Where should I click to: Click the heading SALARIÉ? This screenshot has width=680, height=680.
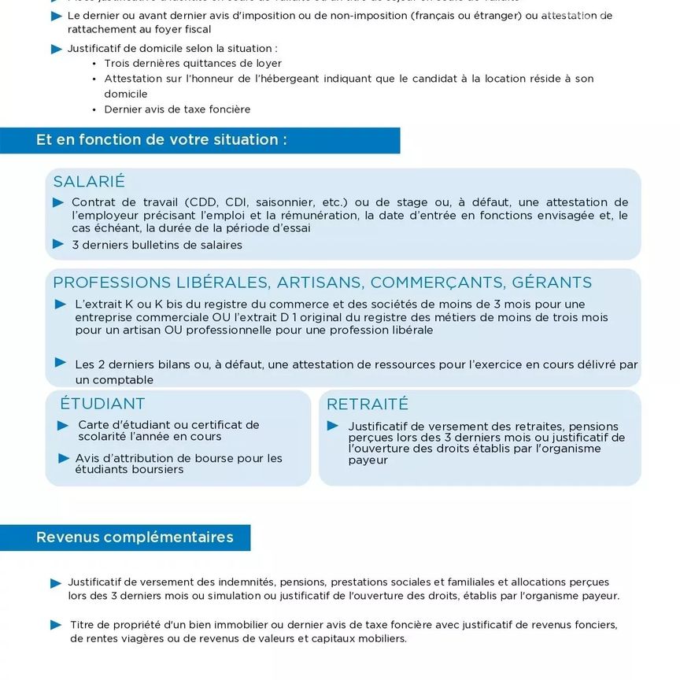point(89,182)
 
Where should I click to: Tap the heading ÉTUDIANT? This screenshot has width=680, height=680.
point(102,404)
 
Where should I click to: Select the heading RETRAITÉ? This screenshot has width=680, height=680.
point(368,405)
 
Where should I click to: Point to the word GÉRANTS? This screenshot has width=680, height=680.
point(552,283)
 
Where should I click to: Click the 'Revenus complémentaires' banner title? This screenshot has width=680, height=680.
point(135,538)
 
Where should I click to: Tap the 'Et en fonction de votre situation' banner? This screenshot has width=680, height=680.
point(161,140)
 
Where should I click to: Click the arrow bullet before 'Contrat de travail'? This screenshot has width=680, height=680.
point(58,202)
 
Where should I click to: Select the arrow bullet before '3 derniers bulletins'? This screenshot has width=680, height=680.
point(58,244)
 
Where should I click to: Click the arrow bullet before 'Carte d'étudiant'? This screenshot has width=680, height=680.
point(63,425)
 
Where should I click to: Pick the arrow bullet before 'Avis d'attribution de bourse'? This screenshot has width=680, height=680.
point(63,458)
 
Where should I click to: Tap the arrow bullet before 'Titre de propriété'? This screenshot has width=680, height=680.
point(56,625)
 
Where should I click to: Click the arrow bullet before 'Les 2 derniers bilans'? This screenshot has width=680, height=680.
point(61,363)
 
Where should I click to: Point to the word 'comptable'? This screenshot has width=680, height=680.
point(124,380)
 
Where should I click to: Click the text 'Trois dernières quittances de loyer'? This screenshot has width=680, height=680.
point(193,64)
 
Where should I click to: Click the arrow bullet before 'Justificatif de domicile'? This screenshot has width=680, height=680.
point(56,49)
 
